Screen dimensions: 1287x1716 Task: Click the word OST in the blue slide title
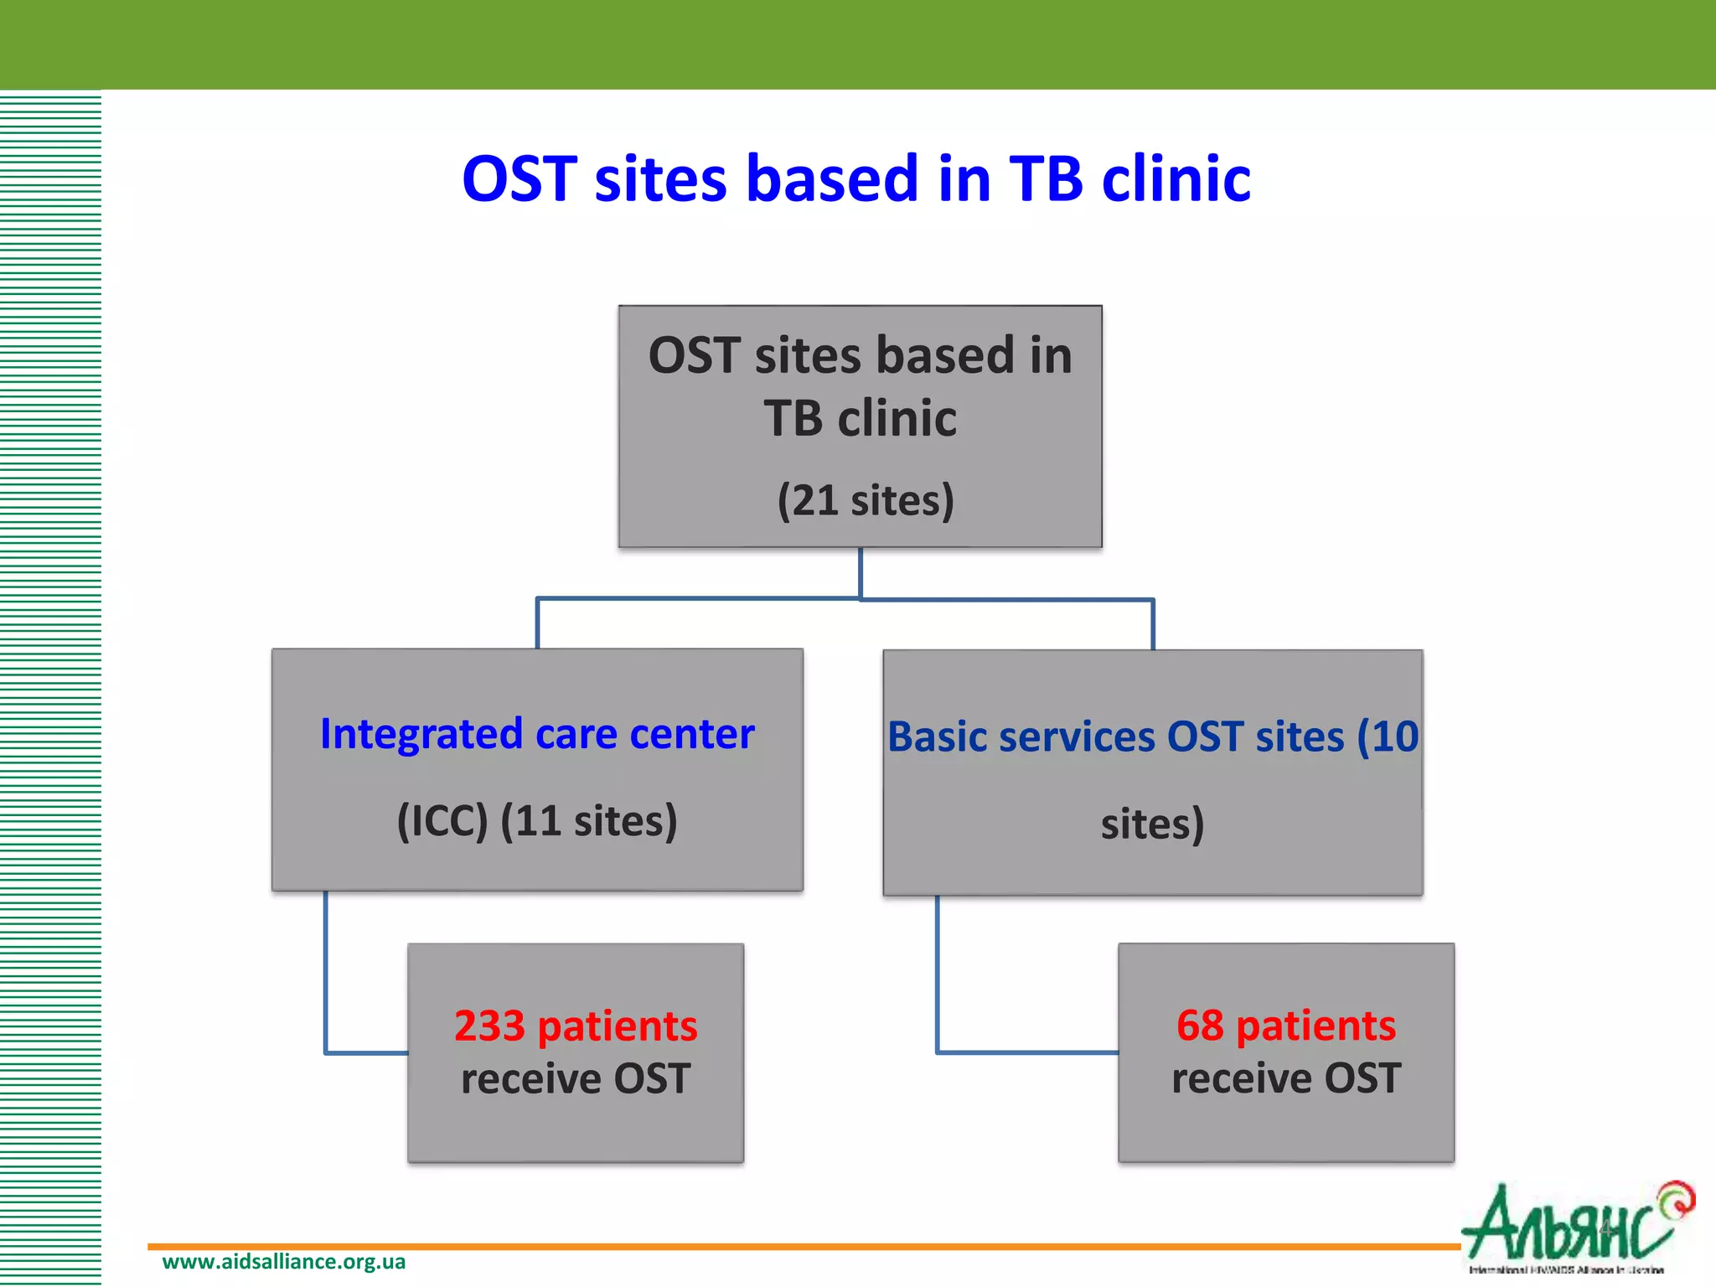519,179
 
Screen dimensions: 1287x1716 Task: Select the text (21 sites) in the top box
866,500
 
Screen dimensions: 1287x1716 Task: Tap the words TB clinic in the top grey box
860,418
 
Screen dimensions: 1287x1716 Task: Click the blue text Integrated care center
537,734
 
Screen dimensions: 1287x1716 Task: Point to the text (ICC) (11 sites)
537,820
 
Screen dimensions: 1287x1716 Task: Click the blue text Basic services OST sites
1114,737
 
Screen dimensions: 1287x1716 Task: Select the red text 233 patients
576,1026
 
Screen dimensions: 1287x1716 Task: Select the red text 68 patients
1286,1025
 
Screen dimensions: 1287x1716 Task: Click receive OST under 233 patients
576,1078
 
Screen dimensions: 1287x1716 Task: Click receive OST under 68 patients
1286,1078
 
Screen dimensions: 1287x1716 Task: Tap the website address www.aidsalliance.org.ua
283,1262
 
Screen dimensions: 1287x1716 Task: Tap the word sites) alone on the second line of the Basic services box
1152,824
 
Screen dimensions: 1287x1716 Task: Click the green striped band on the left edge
50,670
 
